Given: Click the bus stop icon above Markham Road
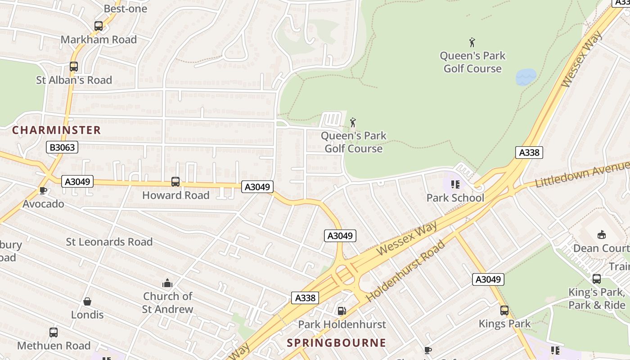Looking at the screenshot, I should point(99,26).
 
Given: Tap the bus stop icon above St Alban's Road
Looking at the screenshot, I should point(74,67).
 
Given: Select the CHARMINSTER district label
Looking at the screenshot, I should point(56,130).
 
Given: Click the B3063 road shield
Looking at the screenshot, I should point(62,147).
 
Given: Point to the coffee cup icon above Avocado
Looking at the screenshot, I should point(43,191).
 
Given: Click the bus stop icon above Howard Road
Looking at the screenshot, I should point(175,182).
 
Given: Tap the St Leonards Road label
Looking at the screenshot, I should point(109,242).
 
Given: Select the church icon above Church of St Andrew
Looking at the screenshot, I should point(167,283).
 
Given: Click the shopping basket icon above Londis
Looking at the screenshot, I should point(87,301).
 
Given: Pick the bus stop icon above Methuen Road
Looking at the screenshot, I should point(54,333).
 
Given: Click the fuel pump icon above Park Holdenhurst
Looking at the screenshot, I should point(342,310).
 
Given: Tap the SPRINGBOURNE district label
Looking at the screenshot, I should point(337,343).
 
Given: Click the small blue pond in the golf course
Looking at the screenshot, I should point(526,77).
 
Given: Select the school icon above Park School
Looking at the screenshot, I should point(455,184).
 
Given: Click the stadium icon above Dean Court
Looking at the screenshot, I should point(602,234).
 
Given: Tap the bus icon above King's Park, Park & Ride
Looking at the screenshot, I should point(597,279).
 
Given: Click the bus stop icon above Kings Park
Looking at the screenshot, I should point(504,310).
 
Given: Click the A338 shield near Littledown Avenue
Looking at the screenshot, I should point(529,152).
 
